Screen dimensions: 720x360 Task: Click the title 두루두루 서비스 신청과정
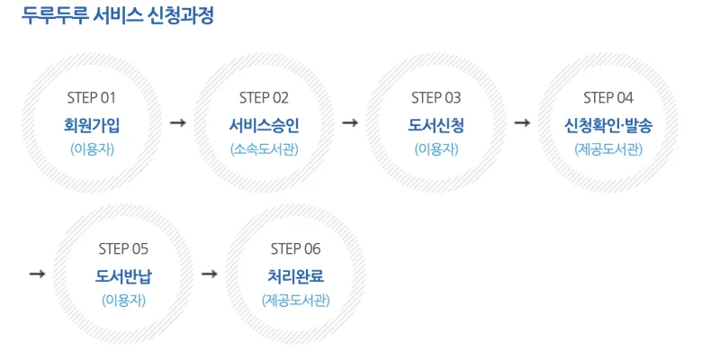pos(118,16)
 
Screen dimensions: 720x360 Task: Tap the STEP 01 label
pos(92,98)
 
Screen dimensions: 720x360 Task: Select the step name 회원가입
pos(92,125)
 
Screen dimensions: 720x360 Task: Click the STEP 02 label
pos(264,98)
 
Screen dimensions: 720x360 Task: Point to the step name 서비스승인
pos(264,125)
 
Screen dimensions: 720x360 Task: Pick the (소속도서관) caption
pos(264,149)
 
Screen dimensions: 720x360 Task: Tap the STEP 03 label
pos(436,98)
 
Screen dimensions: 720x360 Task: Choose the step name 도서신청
pos(436,125)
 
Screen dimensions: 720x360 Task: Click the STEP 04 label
pos(608,98)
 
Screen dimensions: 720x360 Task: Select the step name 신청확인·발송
pos(608,125)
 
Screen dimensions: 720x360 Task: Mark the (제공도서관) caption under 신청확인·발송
pos(608,149)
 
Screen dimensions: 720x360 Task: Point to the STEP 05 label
pos(123,249)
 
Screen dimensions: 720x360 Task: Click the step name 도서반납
pos(123,276)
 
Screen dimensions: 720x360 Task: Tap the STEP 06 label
pos(296,249)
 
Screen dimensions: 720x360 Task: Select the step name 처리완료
pos(296,276)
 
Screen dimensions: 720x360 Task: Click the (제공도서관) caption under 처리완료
pos(296,301)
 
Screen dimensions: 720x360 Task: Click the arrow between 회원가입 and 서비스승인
pos(177,123)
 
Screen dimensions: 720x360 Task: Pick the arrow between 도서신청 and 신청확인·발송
pos(522,123)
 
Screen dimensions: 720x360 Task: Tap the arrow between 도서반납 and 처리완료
pos(210,274)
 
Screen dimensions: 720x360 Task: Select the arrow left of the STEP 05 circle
pos(37,274)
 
